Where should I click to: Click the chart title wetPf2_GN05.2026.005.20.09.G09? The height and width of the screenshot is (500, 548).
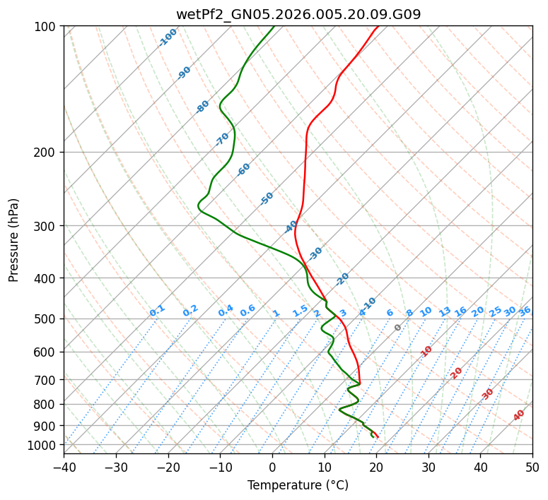click(298, 14)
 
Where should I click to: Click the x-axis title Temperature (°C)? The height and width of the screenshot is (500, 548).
click(298, 485)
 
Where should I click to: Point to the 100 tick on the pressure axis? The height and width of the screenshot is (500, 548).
click(46, 27)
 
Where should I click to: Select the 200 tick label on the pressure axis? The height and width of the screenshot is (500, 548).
click(46, 153)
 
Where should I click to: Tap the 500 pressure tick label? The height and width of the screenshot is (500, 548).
click(46, 319)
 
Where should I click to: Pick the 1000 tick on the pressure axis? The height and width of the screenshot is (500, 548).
click(43, 445)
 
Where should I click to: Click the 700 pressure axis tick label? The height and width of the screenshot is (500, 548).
click(46, 381)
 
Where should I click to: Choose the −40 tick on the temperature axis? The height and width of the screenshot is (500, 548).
click(64, 467)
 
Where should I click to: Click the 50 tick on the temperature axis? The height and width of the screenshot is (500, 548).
click(532, 467)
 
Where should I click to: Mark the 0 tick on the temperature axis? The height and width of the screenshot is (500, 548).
click(272, 467)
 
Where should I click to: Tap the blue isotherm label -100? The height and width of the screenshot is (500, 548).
click(168, 37)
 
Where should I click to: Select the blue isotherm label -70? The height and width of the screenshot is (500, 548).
click(222, 139)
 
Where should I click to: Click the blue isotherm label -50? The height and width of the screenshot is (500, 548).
click(267, 198)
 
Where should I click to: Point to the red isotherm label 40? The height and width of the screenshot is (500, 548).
click(519, 415)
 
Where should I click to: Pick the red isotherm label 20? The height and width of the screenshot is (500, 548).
click(457, 372)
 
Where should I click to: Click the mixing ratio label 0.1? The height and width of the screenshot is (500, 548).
click(157, 311)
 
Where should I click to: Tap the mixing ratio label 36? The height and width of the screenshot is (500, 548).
click(525, 311)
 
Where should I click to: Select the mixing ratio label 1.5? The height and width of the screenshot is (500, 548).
click(301, 311)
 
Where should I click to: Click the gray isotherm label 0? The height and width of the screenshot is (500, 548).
click(398, 328)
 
